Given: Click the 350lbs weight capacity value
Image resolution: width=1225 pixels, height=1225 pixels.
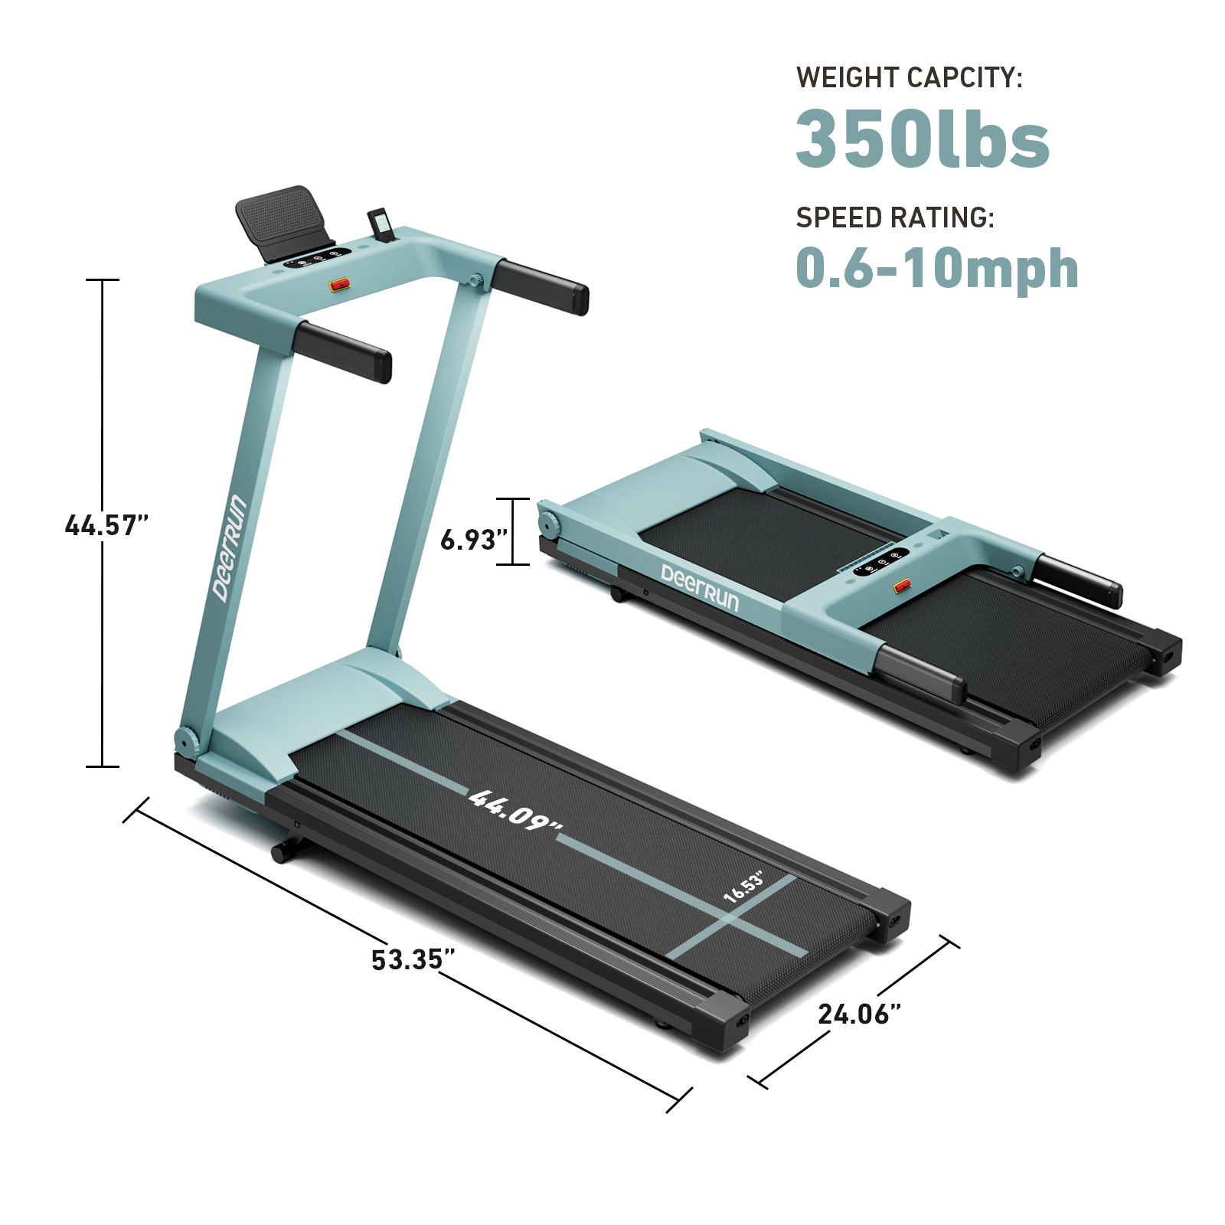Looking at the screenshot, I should pos(922,139).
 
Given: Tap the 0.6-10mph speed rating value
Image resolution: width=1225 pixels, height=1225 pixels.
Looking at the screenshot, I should pos(936,269).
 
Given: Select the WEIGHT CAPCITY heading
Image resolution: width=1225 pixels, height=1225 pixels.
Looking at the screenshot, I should pos(909,77).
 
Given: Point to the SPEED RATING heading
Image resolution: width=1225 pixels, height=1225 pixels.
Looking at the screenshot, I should pos(894,218).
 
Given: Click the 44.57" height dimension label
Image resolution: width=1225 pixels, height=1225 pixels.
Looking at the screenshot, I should pos(106,525).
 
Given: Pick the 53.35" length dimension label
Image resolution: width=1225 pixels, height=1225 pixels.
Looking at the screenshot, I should pos(413,959).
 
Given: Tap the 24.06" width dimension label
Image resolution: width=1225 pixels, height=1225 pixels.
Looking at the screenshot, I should pos(859,1014).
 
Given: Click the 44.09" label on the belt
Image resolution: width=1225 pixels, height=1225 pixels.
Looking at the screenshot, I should pos(515,811).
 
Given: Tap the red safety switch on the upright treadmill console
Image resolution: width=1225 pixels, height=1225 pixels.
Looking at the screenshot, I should pos(339,285).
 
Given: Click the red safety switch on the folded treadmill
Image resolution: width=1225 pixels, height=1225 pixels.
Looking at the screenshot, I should pos(903,586).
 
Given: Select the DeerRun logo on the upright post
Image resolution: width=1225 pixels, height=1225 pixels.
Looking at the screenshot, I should pos(230,547).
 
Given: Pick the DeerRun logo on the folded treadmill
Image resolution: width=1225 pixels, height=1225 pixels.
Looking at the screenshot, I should pos(700,588).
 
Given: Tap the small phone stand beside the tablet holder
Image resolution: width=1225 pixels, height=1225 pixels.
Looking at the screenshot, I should pos(381,225).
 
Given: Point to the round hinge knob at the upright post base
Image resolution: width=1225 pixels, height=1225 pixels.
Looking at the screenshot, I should pos(186,740).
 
